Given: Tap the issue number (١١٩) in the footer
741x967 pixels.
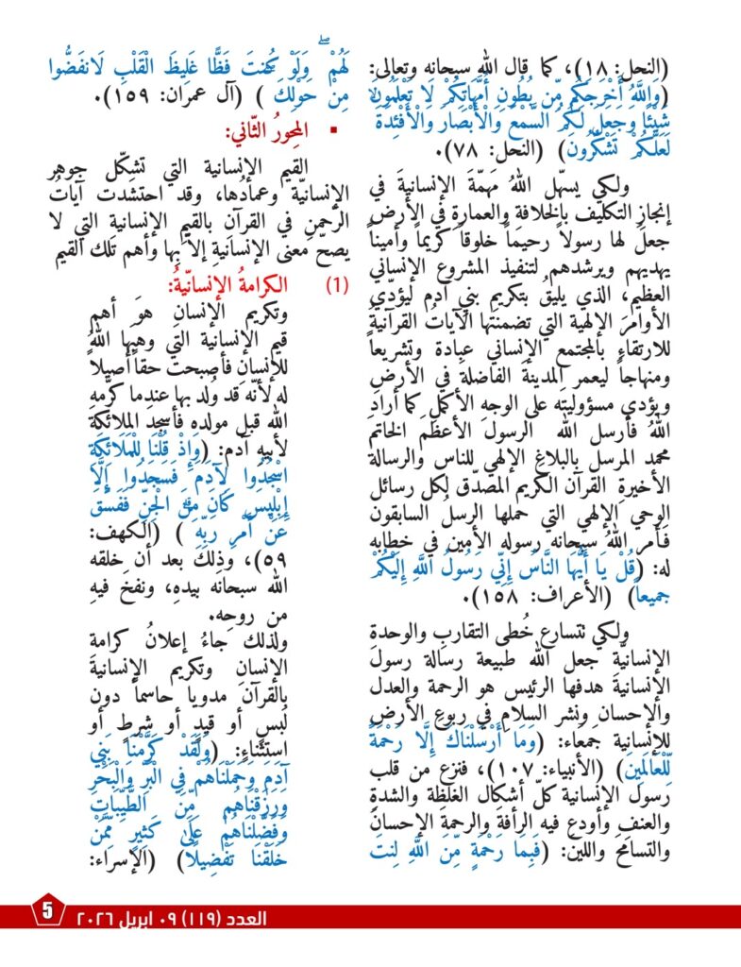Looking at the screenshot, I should click(225, 917).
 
